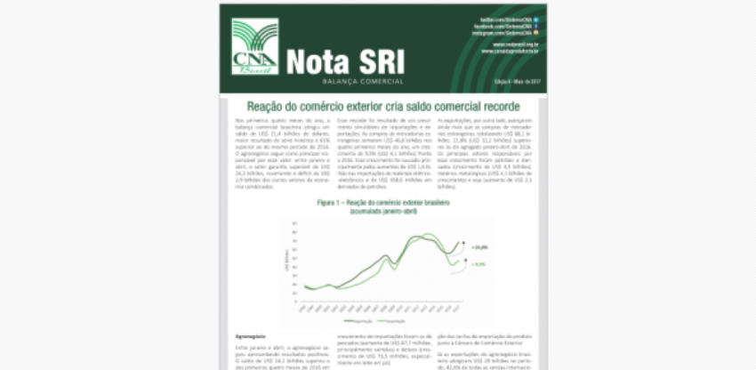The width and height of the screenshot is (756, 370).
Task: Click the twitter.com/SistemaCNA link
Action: click(x=508, y=19)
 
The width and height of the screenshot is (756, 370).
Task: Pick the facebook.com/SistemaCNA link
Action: click(x=506, y=27)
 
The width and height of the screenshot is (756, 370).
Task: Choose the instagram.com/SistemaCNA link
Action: click(x=506, y=34)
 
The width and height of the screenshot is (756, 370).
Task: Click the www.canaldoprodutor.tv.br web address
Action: click(x=511, y=51)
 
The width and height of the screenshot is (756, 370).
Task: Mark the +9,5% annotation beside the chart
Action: click(x=477, y=264)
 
